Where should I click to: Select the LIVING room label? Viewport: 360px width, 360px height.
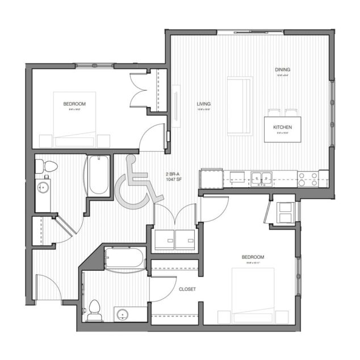point(203,104)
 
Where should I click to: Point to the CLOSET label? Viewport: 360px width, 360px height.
point(187,289)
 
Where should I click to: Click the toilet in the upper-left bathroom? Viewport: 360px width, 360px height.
point(46,166)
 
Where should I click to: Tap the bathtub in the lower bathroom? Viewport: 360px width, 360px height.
point(124,259)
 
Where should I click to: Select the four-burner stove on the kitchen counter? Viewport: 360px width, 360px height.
point(308,179)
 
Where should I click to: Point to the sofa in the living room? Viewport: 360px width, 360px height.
point(240,105)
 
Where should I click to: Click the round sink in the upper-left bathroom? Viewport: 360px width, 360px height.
point(41,186)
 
